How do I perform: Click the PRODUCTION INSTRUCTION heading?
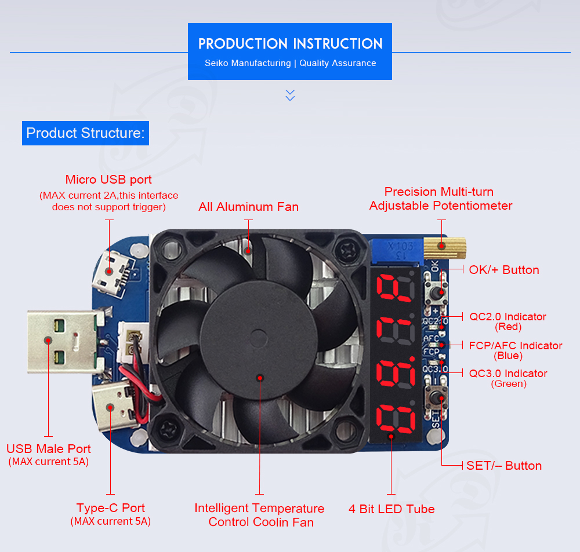tap(290, 44)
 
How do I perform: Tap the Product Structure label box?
tap(85, 133)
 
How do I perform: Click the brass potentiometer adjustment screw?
tap(444, 246)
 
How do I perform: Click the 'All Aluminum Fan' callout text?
tap(248, 207)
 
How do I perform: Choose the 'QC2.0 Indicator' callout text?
tap(507, 317)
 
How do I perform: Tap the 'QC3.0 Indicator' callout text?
tap(508, 374)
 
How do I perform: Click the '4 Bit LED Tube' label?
tap(391, 509)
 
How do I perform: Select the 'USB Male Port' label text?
tap(49, 449)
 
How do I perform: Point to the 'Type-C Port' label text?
tap(110, 508)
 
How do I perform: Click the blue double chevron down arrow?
tap(291, 95)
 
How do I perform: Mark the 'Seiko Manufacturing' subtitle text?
tap(247, 63)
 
